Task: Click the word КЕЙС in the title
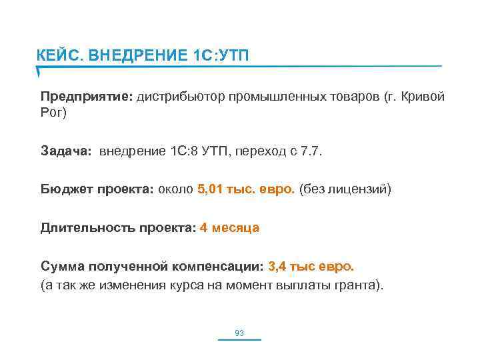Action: pos(57,54)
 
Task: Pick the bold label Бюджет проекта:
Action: pos(97,189)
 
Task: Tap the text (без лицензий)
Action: pos(346,189)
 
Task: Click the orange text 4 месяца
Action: pos(229,228)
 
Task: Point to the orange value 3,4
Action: pos(277,267)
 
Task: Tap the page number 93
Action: pos(239,332)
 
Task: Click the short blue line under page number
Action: pos(239,340)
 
